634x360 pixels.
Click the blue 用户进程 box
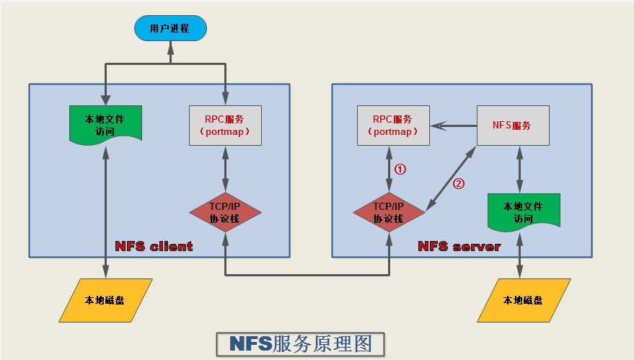click(x=169, y=29)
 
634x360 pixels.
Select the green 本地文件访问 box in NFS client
click(x=105, y=123)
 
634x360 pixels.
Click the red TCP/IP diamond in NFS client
click(x=225, y=211)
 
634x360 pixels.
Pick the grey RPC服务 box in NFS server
click(x=393, y=125)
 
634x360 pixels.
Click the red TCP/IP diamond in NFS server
click(x=389, y=211)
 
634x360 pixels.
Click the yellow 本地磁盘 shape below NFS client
click(x=105, y=299)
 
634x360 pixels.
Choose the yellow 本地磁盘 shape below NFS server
click(x=524, y=299)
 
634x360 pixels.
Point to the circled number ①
click(x=401, y=170)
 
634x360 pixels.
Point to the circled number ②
click(x=458, y=183)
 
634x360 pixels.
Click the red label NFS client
click(x=154, y=246)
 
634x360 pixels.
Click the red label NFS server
click(x=459, y=246)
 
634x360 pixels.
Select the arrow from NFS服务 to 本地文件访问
click(x=519, y=168)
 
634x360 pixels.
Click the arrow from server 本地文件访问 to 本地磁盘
click(x=520, y=255)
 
